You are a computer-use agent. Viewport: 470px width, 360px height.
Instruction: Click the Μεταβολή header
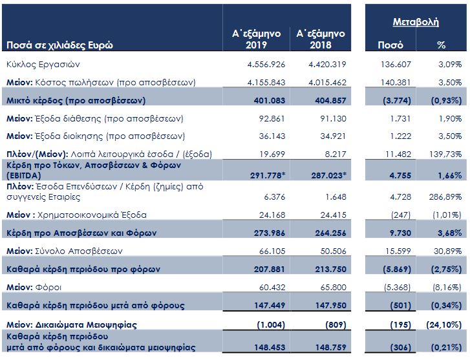pyautogui.click(x=416, y=22)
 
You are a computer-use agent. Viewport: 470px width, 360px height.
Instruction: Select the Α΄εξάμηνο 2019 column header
pyautogui.click(x=256, y=39)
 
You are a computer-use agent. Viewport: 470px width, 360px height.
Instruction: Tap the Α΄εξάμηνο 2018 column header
pyautogui.click(x=321, y=39)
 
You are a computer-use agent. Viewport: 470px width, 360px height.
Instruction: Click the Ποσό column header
pyautogui.click(x=390, y=45)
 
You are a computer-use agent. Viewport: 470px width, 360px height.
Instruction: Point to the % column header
pyautogui.click(x=441, y=45)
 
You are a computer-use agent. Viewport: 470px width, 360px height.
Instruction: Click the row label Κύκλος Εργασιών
pyautogui.click(x=43, y=65)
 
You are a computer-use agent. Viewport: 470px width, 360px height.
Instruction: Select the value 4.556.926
pyautogui.click(x=266, y=65)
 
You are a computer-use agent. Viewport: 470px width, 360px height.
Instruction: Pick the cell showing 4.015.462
pyautogui.click(x=327, y=83)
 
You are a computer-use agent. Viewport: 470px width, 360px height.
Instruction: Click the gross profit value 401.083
pyautogui.click(x=270, y=101)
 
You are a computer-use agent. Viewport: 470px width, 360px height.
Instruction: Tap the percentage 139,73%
pyautogui.click(x=445, y=154)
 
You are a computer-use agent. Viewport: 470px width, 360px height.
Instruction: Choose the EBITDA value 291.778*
pyautogui.click(x=268, y=175)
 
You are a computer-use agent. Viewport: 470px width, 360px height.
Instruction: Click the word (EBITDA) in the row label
pyautogui.click(x=24, y=176)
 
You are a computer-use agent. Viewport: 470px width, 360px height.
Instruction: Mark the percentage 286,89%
pyautogui.click(x=445, y=197)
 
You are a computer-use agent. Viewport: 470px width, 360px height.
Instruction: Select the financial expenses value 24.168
pyautogui.click(x=272, y=215)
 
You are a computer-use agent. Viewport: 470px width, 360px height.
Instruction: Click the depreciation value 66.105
pyautogui.click(x=272, y=251)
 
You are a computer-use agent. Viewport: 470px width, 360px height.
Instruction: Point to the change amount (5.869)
pyautogui.click(x=397, y=269)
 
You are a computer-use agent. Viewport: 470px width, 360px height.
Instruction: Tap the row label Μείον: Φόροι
pyautogui.click(x=34, y=288)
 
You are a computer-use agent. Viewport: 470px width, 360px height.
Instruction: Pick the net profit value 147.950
pyautogui.click(x=330, y=306)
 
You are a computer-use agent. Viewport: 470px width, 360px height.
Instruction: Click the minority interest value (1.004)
pyautogui.click(x=271, y=325)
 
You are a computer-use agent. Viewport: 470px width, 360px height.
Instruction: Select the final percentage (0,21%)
pyautogui.click(x=446, y=348)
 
